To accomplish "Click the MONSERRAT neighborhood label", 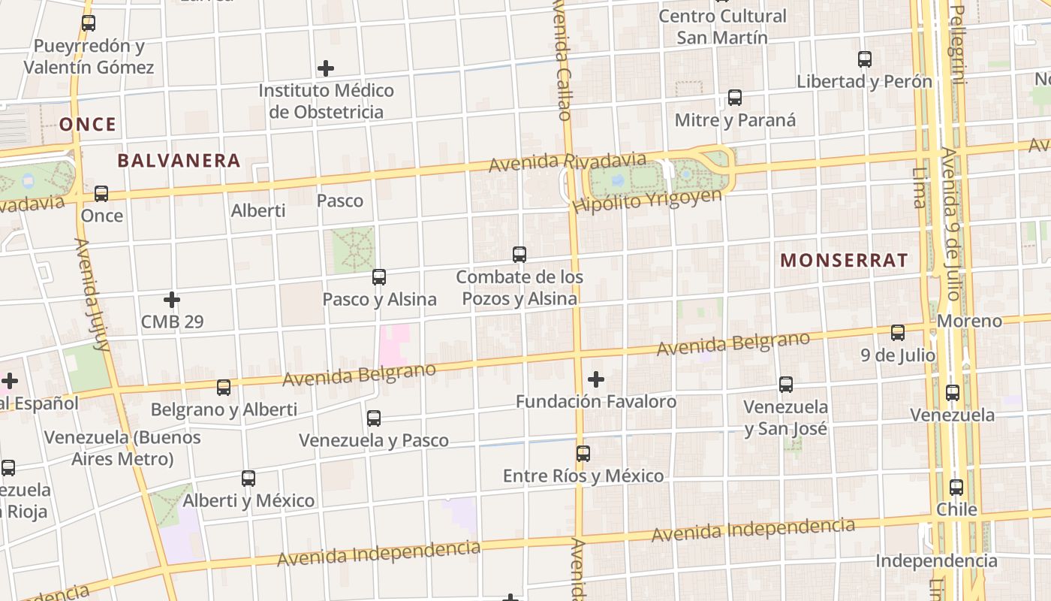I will (x=844, y=261).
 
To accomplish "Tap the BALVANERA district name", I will (x=179, y=160).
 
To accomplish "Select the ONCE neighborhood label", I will (x=88, y=124).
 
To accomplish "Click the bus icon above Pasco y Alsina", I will (x=379, y=277).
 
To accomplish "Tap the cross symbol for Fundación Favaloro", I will (x=596, y=379).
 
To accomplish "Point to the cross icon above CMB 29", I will (x=172, y=300).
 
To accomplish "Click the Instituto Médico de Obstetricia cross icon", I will (x=326, y=68).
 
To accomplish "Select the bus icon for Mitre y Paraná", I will (x=735, y=98).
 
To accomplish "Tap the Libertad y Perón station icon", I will (x=865, y=59).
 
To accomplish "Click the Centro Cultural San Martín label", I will (x=722, y=26).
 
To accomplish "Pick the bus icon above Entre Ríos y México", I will (x=583, y=454).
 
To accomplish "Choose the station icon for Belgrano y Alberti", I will (x=224, y=388).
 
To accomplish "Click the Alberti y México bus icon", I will (x=248, y=479).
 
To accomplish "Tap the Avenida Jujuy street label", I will (x=92, y=294).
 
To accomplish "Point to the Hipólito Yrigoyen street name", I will (x=646, y=200).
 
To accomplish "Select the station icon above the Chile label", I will (x=956, y=488).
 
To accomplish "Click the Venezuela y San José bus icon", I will (x=786, y=385).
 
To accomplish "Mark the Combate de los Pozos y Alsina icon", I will (x=519, y=255).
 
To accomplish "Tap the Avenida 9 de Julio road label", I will (x=953, y=223).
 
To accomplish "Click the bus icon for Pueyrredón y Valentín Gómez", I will (x=89, y=23).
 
